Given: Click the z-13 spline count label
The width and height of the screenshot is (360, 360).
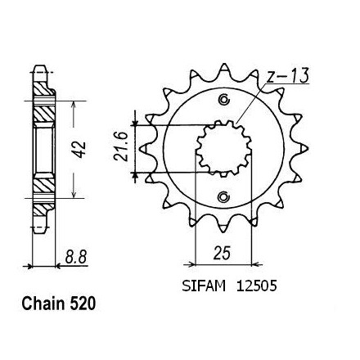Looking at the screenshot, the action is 287,75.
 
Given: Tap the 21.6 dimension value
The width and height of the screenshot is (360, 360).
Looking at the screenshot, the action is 120,146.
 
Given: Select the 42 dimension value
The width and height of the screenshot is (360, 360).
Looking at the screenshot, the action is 80,150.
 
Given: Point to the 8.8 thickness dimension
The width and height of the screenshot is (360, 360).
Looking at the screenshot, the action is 76,257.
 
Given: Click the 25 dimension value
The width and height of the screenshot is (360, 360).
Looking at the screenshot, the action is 222,253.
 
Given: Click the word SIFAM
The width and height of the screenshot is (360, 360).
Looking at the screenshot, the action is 204,286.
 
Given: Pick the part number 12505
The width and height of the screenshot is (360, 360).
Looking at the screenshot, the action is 257,286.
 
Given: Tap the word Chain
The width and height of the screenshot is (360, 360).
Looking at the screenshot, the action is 43,304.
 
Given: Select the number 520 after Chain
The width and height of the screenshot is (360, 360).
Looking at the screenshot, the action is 83,304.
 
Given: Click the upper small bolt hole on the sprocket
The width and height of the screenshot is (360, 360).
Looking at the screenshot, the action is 224,99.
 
